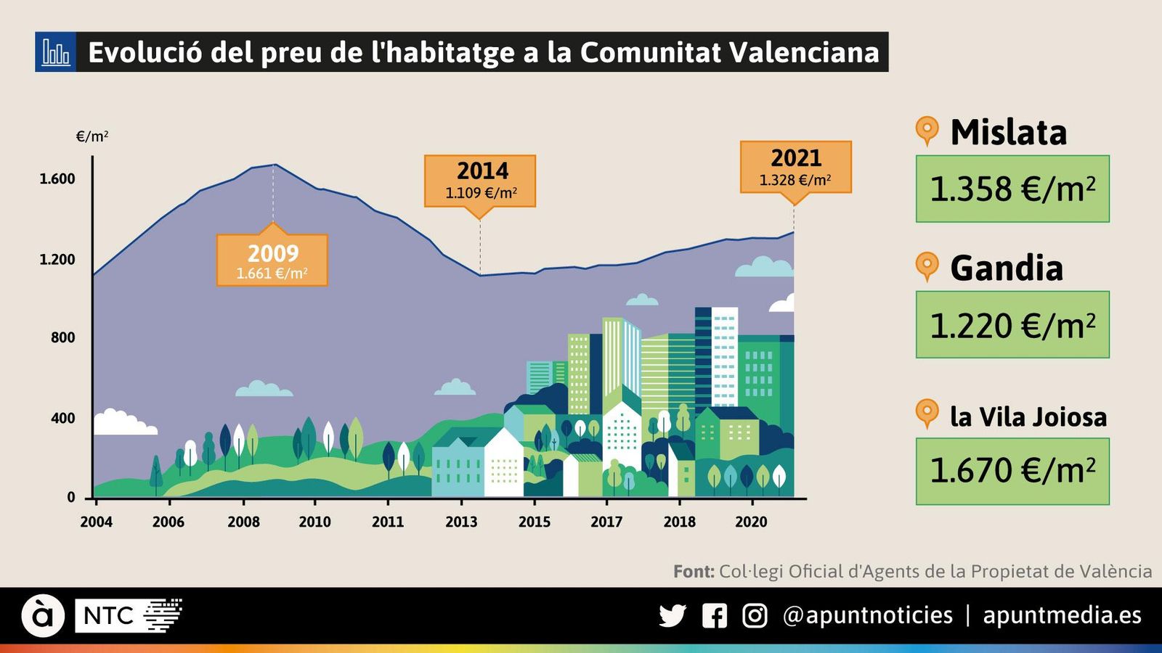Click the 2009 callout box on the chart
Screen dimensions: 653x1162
(272, 260)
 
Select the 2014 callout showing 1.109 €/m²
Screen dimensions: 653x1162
(480, 181)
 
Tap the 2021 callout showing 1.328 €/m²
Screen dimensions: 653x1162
(796, 168)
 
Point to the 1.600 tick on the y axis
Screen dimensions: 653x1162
(57, 179)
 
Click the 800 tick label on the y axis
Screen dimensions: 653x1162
(62, 337)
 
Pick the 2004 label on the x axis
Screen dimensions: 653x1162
(96, 522)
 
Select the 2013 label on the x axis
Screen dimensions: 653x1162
(461, 522)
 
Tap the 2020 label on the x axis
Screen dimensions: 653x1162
(751, 522)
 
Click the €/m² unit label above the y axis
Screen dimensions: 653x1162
(92, 136)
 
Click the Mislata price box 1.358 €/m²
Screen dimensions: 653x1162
(1012, 189)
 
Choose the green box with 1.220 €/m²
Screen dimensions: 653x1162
(1012, 324)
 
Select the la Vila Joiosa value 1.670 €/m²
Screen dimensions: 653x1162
(1012, 471)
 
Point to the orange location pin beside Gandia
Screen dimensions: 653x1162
(927, 266)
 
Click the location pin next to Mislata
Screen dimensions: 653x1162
(927, 131)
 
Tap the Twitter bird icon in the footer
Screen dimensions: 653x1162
(673, 616)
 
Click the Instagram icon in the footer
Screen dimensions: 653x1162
(755, 616)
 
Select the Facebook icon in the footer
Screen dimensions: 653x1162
(715, 616)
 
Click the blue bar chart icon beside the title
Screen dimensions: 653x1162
(55, 52)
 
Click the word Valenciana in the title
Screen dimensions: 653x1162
(803, 52)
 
